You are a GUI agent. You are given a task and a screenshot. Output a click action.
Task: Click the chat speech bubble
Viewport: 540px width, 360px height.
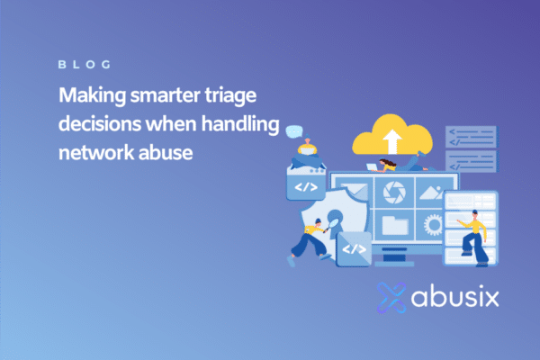pyautogui.click(x=293, y=132)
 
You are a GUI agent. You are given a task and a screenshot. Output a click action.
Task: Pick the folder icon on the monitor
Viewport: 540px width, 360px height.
pyautogui.click(x=394, y=222)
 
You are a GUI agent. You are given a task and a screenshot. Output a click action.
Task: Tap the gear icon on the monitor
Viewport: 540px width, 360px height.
pyautogui.click(x=434, y=223)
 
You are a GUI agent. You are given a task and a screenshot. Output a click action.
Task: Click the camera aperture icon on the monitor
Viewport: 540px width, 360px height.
pyautogui.click(x=393, y=191)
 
